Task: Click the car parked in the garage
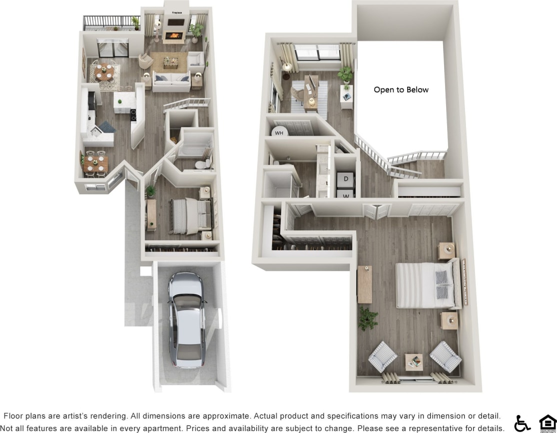pyautogui.click(x=186, y=320)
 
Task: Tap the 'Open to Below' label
pyautogui.click(x=401, y=90)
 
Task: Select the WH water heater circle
pyautogui.click(x=279, y=132)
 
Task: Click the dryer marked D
pyautogui.click(x=346, y=178)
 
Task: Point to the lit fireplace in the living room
pyautogui.click(x=174, y=36)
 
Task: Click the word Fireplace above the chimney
pyautogui.click(x=177, y=12)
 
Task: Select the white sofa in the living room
pyautogui.click(x=171, y=81)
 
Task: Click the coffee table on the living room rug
pyautogui.click(x=171, y=62)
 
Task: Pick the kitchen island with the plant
pyautogui.click(x=125, y=102)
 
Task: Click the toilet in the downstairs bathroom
pyautogui.click(x=202, y=164)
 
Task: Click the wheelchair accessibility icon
pyautogui.click(x=523, y=423)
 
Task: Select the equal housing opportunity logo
pyautogui.click(x=547, y=423)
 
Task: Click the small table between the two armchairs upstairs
pyautogui.click(x=414, y=361)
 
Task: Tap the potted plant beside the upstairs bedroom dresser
pyautogui.click(x=367, y=318)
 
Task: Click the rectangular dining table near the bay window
pyautogui.click(x=95, y=163)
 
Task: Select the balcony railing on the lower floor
pyautogui.click(x=111, y=22)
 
